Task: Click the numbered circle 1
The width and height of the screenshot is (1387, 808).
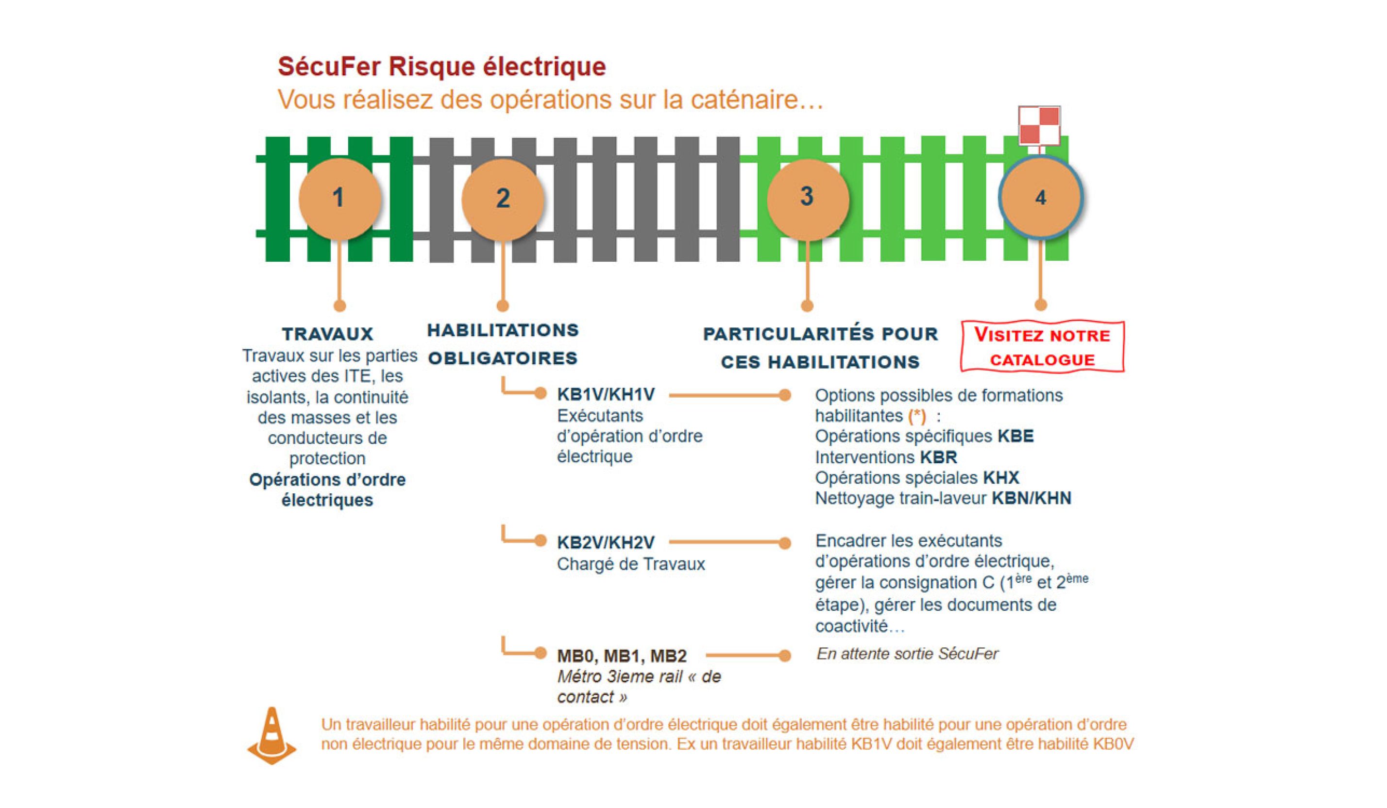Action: coord(339,198)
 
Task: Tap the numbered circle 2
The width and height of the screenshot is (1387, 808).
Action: coord(502,199)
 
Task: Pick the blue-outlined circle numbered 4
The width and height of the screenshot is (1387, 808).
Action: coord(1040,198)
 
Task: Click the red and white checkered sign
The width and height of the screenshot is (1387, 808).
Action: coord(1039,125)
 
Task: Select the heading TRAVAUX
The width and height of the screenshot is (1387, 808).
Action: coord(327,334)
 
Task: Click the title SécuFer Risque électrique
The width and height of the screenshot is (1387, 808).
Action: coord(441,67)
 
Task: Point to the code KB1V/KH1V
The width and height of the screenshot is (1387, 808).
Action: coord(606,395)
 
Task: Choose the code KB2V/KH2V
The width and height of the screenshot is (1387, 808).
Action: coord(606,543)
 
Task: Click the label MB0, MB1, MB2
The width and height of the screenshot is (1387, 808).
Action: coord(622,656)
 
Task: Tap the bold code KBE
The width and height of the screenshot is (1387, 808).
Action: coord(1015,437)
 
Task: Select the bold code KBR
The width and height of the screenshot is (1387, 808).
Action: coord(938,457)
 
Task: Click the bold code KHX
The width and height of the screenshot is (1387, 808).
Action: coord(1001,478)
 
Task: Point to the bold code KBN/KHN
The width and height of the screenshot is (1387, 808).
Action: coord(1032,498)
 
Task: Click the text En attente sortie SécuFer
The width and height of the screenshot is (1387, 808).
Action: coord(907,654)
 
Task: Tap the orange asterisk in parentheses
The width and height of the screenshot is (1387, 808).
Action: coord(917,416)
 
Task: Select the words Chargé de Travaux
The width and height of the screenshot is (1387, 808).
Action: coord(631,564)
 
